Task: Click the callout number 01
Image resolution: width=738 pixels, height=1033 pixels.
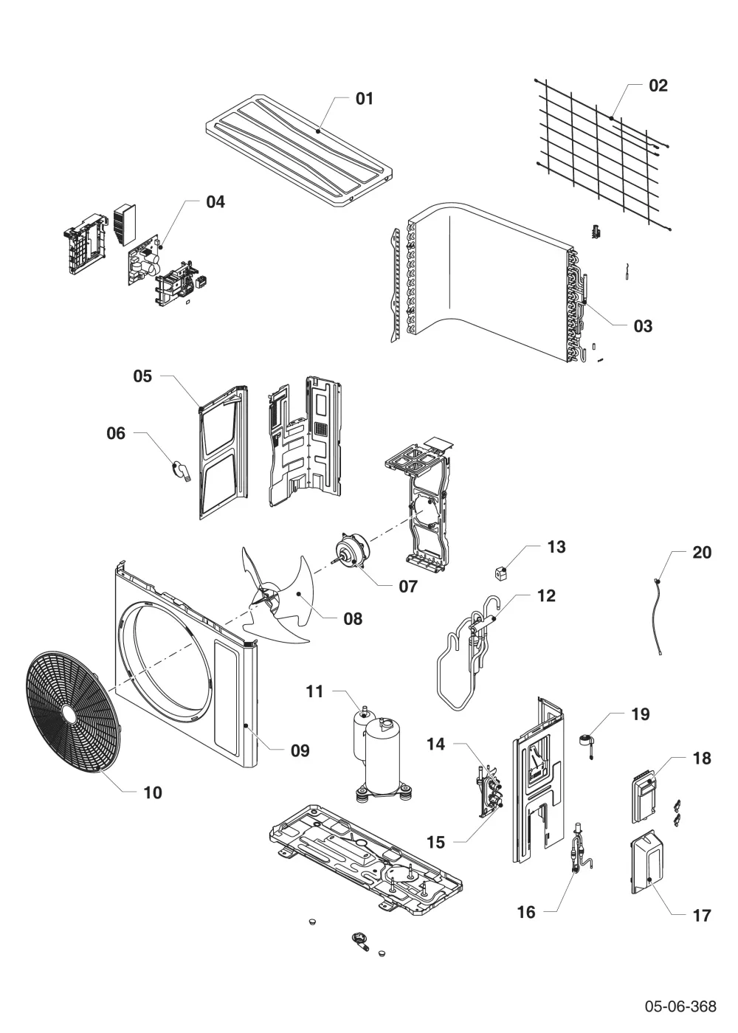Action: click(364, 99)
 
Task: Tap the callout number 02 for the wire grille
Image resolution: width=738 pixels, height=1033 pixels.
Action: click(658, 86)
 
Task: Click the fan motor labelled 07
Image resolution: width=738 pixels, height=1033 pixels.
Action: click(351, 550)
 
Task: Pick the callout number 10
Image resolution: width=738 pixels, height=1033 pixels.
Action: click(153, 792)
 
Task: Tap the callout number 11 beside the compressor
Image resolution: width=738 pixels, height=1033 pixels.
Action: click(314, 691)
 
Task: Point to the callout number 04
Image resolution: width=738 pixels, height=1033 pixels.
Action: click(215, 201)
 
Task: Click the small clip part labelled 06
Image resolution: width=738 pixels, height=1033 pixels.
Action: click(181, 471)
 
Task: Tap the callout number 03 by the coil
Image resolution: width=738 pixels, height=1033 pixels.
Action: click(643, 326)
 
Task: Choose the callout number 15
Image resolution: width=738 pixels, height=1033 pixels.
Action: click(435, 842)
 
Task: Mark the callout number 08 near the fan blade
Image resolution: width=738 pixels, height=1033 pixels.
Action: click(353, 618)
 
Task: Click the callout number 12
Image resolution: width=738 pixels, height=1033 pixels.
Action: click(546, 595)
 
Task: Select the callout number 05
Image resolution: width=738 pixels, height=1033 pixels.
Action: click(142, 376)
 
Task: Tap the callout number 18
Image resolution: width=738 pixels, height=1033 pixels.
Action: click(702, 758)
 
